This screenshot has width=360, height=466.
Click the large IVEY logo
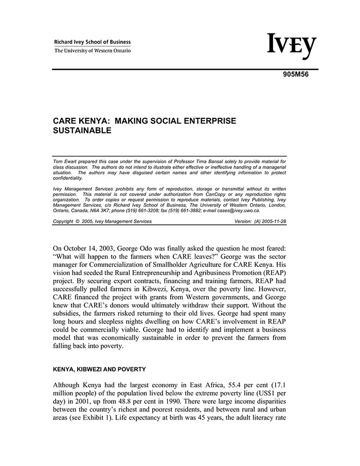(x=292, y=46)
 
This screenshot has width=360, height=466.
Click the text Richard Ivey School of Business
(x=93, y=42)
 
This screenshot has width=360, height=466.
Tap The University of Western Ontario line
(x=93, y=50)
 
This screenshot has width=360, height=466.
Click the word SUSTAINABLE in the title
(x=82, y=131)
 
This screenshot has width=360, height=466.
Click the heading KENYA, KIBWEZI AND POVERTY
(x=100, y=369)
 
